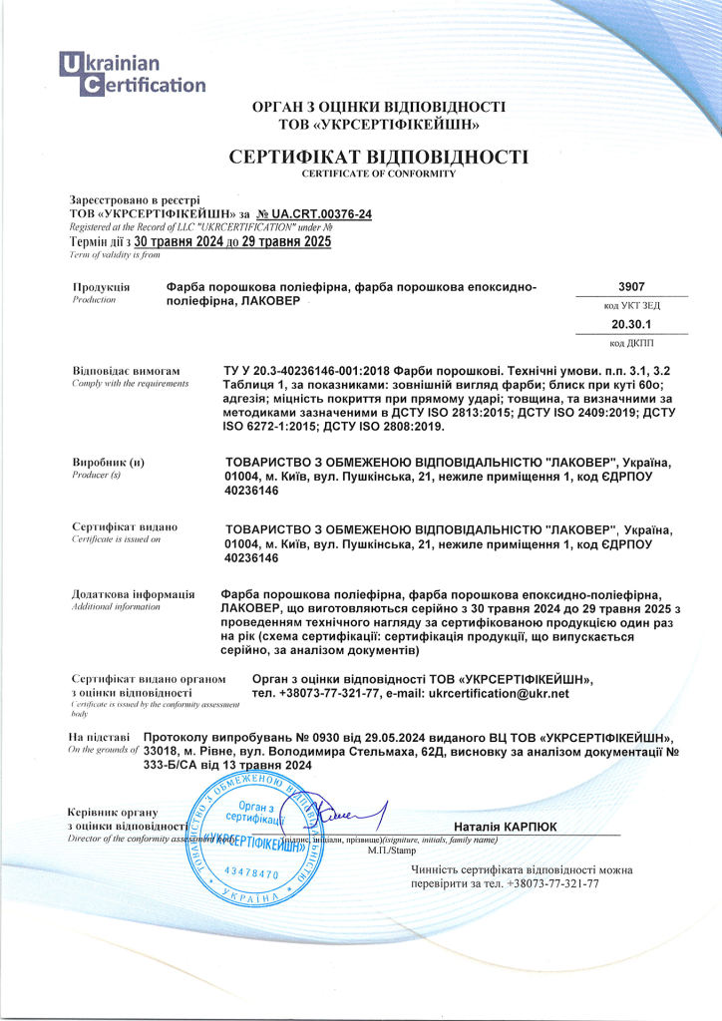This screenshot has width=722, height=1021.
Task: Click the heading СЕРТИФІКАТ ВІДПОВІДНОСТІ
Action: pyautogui.click(x=378, y=157)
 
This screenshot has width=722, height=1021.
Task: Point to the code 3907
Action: pyautogui.click(x=631, y=285)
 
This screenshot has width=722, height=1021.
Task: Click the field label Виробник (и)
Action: pyautogui.click(x=109, y=463)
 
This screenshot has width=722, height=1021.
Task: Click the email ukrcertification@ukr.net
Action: pyautogui.click(x=498, y=693)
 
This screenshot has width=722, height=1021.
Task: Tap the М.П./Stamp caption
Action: pyautogui.click(x=391, y=851)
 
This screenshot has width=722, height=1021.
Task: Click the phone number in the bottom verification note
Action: pyautogui.click(x=552, y=883)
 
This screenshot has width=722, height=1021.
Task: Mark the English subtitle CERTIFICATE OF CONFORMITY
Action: pyautogui.click(x=378, y=173)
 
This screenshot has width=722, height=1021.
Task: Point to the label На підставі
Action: pyautogui.click(x=100, y=736)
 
